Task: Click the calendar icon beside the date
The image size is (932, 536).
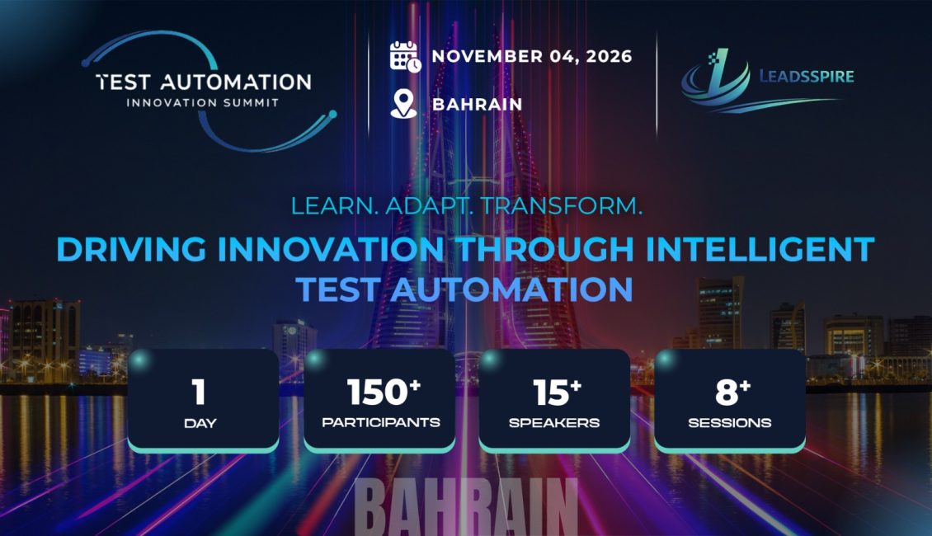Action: (x=405, y=57)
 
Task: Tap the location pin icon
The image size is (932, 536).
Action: (x=403, y=104)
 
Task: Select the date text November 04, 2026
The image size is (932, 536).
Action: (x=532, y=56)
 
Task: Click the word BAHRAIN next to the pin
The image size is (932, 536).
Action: (x=478, y=105)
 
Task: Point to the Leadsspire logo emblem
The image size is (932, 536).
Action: (x=716, y=80)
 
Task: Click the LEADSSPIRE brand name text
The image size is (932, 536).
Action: (x=807, y=77)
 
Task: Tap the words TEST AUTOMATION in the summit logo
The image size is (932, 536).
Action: (x=204, y=82)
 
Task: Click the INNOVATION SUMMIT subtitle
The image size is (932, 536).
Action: (x=203, y=103)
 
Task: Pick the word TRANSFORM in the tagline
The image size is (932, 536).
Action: (x=562, y=206)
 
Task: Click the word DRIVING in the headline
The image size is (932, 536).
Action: (x=131, y=250)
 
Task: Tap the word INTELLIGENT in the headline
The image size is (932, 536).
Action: (x=760, y=250)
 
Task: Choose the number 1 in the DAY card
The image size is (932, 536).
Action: (x=199, y=393)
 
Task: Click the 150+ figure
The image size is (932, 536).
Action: (x=384, y=393)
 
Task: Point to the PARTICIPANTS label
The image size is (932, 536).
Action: (x=381, y=422)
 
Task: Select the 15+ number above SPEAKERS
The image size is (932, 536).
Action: (x=557, y=393)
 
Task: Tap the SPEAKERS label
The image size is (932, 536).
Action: (x=554, y=423)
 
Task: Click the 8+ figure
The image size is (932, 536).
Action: (x=733, y=393)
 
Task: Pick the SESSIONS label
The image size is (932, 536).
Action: (x=730, y=423)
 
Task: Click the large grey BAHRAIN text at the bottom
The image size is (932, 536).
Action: (x=466, y=507)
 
